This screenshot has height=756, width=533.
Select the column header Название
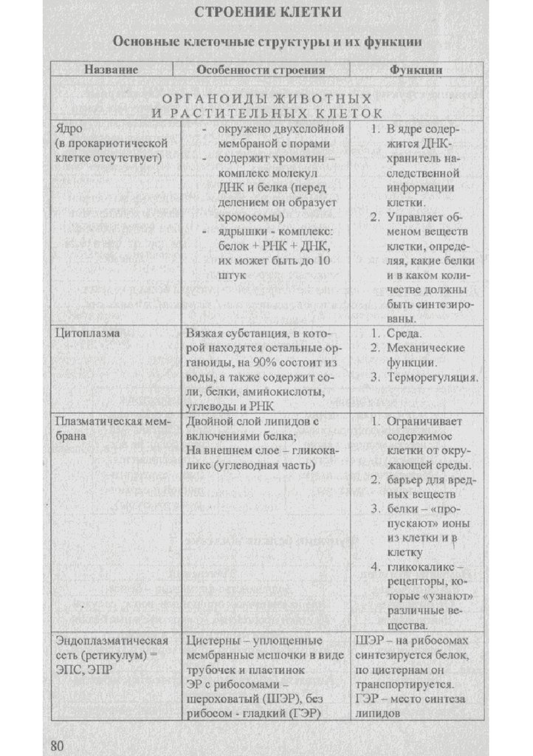click(111, 69)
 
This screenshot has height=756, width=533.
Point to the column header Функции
click(416, 69)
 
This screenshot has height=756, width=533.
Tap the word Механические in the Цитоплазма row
click(425, 348)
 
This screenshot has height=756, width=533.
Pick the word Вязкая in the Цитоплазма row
click(204, 333)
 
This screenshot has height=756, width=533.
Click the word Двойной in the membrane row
click(210, 422)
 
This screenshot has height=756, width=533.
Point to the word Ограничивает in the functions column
click(424, 422)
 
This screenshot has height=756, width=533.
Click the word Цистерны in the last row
click(212, 640)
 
